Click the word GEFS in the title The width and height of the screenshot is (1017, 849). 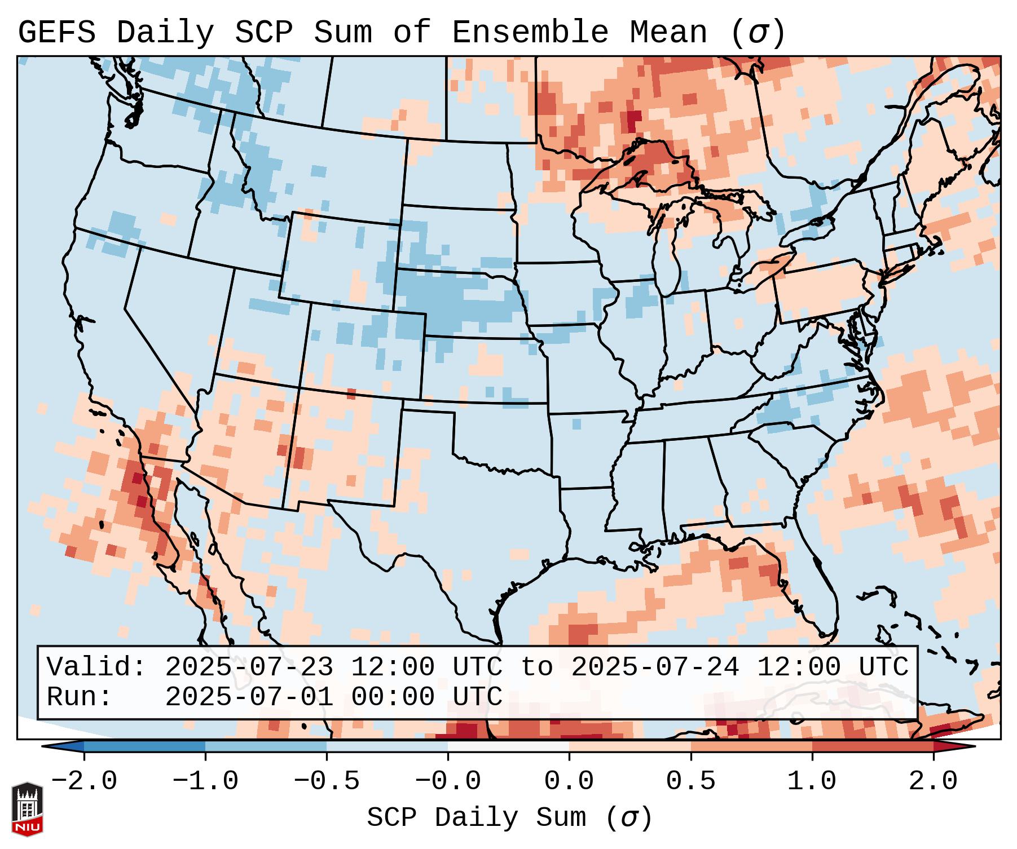[56, 33]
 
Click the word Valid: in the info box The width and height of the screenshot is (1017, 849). [96, 667]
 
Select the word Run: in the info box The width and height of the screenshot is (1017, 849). [80, 697]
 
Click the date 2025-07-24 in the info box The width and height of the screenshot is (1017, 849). [655, 667]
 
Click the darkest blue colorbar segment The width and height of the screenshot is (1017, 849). [144, 746]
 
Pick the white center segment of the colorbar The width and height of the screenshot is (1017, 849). [508, 746]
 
